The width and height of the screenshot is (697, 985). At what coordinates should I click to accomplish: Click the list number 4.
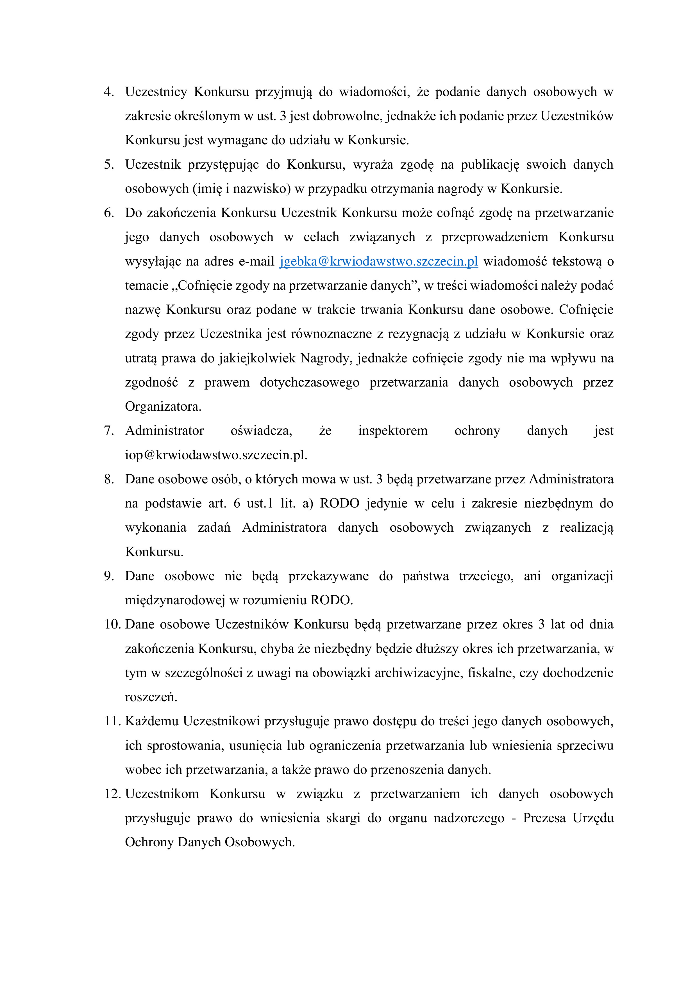109,92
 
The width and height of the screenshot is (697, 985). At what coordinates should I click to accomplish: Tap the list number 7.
109,431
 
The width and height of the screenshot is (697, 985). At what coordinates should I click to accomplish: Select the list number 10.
113,624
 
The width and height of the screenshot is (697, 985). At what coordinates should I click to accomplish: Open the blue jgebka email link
378,261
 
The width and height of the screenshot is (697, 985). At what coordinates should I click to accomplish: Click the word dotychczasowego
309,382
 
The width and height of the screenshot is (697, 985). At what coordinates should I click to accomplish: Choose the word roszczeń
151,697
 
